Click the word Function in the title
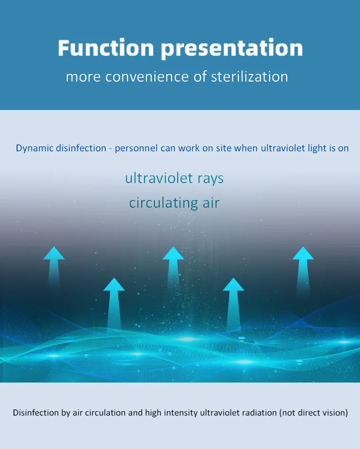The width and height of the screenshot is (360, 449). (106, 47)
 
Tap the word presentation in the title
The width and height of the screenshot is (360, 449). (232, 49)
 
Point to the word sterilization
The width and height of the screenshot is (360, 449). (249, 77)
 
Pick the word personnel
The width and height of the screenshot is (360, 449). (136, 148)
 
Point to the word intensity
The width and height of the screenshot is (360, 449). (180, 413)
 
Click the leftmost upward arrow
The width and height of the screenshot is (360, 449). (54, 266)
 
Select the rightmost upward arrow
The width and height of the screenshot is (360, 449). (303, 272)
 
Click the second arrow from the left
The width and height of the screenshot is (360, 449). (114, 304)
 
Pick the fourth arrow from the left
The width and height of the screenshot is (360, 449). (234, 304)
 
